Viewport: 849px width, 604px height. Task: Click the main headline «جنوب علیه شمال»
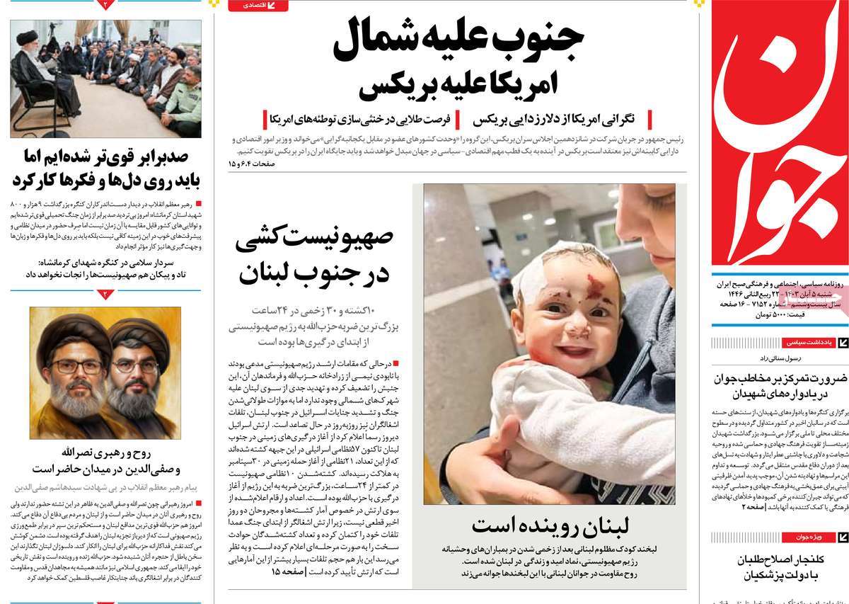point(456,41)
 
